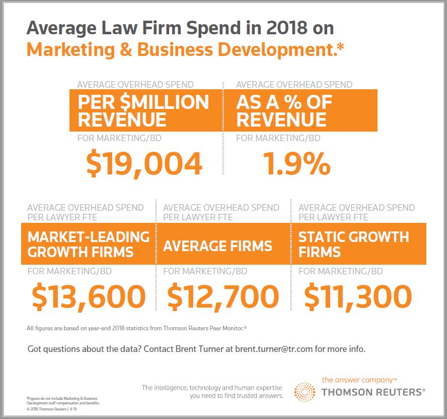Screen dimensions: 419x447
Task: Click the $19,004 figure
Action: (x=144, y=163)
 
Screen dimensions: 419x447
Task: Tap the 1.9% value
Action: (x=296, y=163)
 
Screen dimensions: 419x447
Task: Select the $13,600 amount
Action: (x=89, y=296)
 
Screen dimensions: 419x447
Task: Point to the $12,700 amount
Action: (x=223, y=296)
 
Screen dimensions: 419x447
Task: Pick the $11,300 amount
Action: (x=358, y=296)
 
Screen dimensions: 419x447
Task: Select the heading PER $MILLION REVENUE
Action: (x=143, y=110)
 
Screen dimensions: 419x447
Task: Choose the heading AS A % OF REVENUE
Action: (x=284, y=110)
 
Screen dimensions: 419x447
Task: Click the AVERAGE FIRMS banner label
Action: (x=217, y=246)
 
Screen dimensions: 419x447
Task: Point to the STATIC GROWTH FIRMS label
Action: (x=353, y=244)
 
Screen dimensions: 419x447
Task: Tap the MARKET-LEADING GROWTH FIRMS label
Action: (x=88, y=244)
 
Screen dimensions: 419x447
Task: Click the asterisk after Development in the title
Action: (x=341, y=47)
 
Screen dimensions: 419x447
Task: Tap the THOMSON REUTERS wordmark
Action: (x=372, y=392)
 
